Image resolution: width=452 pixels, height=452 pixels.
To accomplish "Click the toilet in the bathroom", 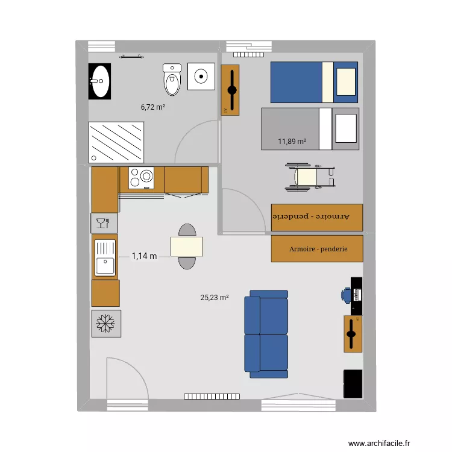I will (x=172, y=80).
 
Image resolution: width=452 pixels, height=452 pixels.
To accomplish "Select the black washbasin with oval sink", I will (x=100, y=82).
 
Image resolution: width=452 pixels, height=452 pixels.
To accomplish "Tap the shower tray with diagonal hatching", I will (x=117, y=142).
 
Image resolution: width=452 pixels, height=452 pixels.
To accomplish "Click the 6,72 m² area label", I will (x=153, y=107).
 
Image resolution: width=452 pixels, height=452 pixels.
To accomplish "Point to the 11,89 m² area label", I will (x=292, y=142).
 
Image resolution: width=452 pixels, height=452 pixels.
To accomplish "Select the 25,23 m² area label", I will (x=215, y=297).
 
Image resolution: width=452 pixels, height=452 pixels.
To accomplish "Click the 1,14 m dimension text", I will (x=144, y=256).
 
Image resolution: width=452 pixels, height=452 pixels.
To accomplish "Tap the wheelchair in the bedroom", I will (x=310, y=177).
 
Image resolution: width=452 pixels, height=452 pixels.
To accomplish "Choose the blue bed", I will (x=313, y=82).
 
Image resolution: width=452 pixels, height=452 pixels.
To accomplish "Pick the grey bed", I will (x=310, y=129).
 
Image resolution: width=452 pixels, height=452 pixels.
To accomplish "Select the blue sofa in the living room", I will (x=266, y=331).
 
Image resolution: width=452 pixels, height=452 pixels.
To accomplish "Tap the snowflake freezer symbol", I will (x=105, y=323).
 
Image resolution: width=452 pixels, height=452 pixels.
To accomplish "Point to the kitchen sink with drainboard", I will (x=105, y=257).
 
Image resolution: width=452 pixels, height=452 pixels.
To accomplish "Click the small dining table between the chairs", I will (x=186, y=246).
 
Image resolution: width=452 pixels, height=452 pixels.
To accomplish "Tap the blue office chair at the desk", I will (x=346, y=295).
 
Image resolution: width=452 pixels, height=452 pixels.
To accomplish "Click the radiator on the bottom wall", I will (x=212, y=396).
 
